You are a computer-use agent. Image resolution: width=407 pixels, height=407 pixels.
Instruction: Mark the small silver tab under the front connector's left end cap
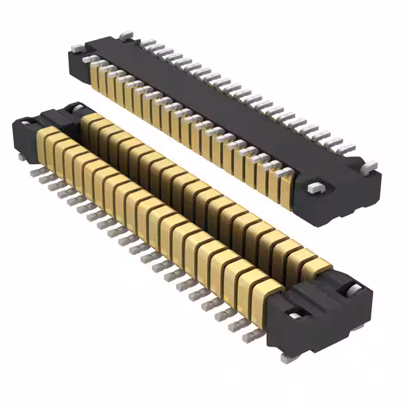[22, 155]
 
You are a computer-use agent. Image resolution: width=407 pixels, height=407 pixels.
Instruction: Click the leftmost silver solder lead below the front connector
[33, 170]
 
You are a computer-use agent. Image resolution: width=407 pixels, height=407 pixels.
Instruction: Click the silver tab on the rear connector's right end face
[314, 188]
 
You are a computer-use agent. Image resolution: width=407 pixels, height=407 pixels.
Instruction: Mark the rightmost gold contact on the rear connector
[286, 188]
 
